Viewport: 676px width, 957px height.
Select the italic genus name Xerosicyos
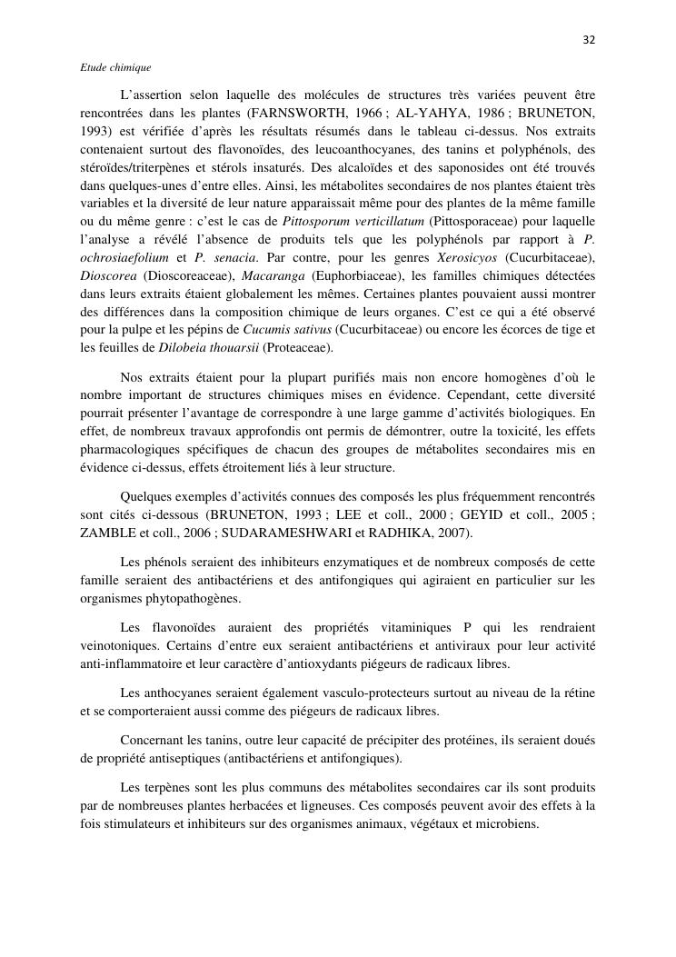click(470, 257)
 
